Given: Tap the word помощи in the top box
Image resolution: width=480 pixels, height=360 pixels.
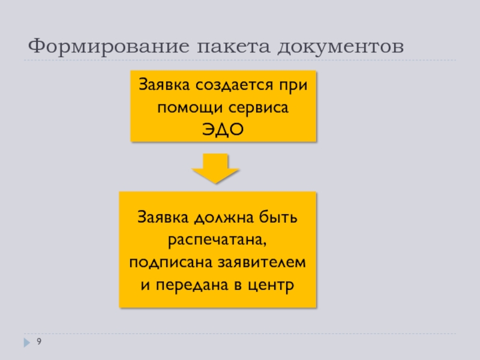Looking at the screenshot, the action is pyautogui.click(x=186, y=107).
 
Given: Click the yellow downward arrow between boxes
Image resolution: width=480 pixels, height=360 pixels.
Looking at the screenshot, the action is pyautogui.click(x=217, y=167).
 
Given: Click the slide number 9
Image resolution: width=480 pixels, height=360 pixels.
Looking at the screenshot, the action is pyautogui.click(x=39, y=341).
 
